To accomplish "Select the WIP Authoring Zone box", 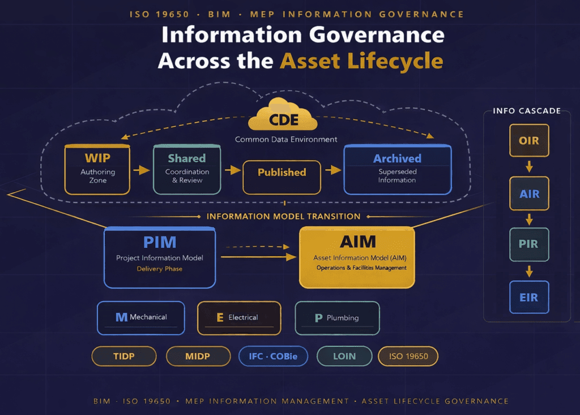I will click(97, 170).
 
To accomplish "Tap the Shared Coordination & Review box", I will click(186, 170).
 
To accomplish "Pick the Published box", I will click(282, 172).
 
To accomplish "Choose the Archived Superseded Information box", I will click(397, 170).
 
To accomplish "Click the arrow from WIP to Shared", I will click(140, 170).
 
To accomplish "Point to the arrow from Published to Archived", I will click(332, 170).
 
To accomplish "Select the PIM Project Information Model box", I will click(160, 256).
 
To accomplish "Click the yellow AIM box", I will click(357, 256).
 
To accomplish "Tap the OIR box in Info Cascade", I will click(528, 140).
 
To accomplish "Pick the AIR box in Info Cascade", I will click(528, 193).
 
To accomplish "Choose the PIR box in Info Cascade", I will click(528, 244).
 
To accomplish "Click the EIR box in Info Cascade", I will click(528, 297).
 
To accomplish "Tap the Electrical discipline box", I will click(239, 317).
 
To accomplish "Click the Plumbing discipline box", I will click(338, 318).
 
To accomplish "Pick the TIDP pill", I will click(123, 356).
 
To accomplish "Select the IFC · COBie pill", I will click(274, 356).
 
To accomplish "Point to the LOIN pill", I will click(344, 356).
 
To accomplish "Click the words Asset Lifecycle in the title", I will click(361, 60).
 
